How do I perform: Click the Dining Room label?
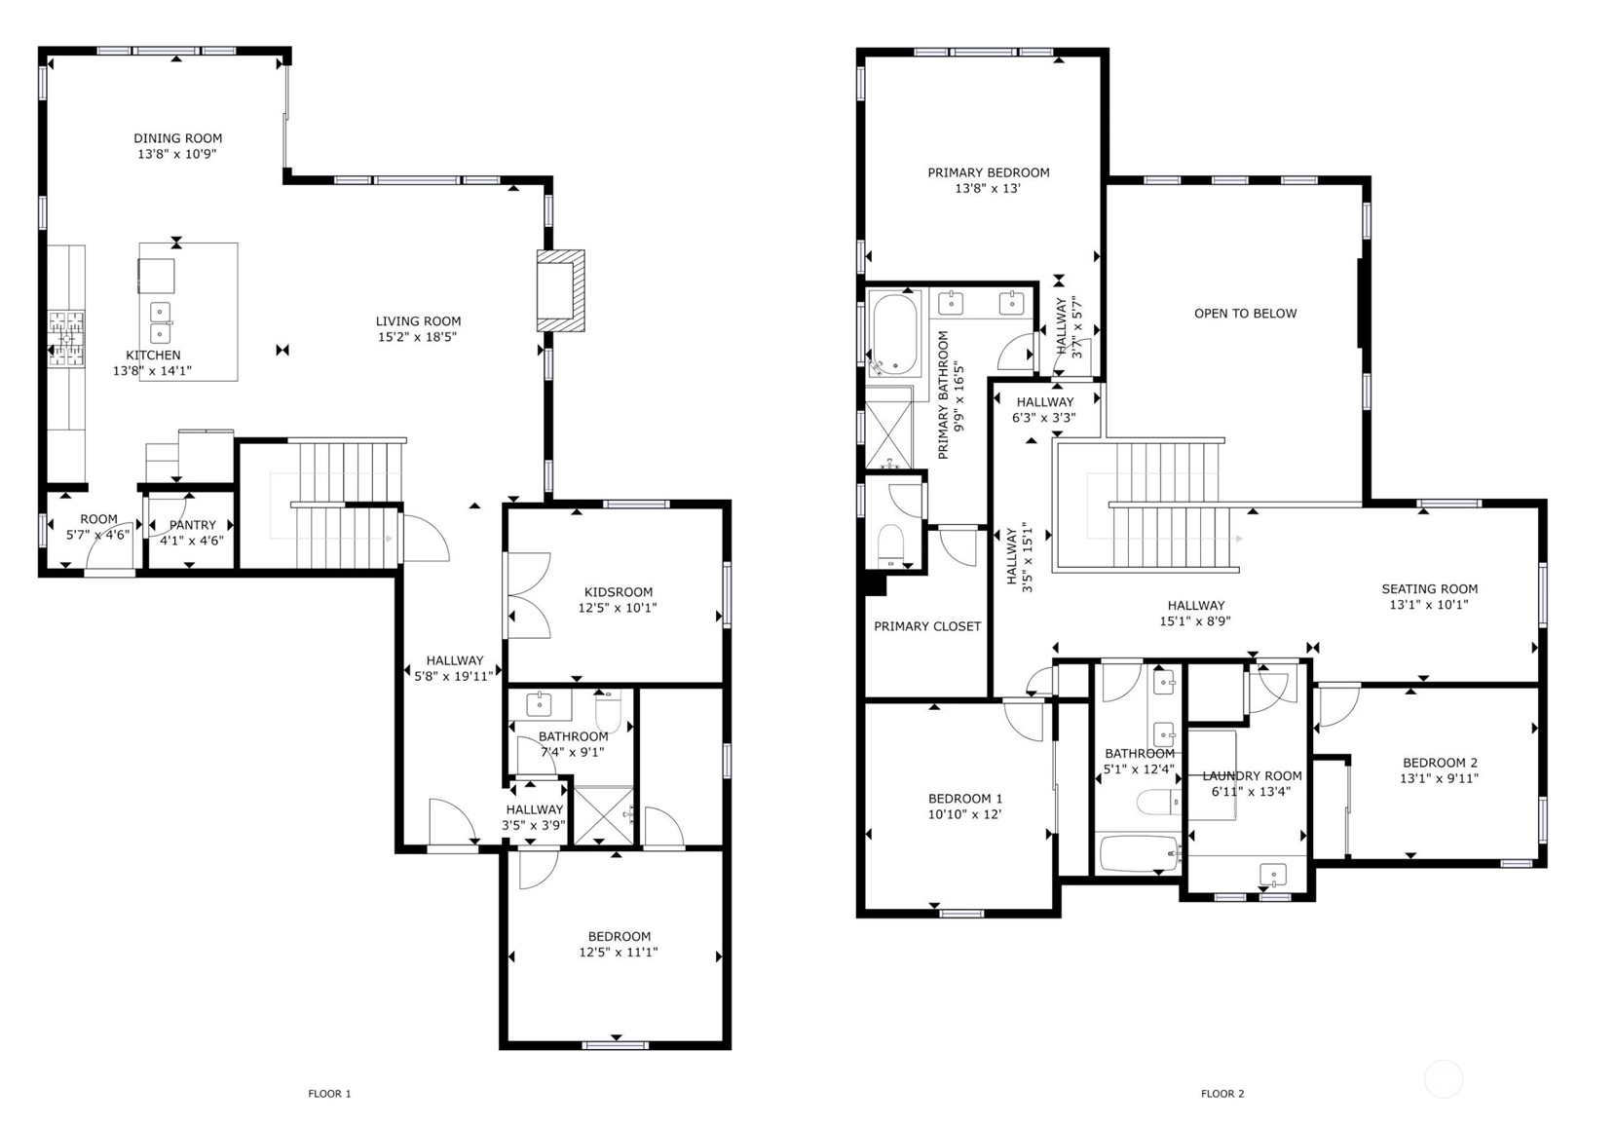click(177, 138)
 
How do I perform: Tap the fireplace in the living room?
click(560, 291)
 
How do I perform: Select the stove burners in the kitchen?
click(65, 338)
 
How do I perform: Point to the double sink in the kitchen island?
click(160, 322)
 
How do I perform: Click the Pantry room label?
click(193, 525)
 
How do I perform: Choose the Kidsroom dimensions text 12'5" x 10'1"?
click(618, 608)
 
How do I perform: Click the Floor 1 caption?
click(329, 1093)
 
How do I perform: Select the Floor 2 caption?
click(1222, 1093)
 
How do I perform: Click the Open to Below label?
click(1245, 314)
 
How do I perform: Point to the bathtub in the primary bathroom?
click(895, 334)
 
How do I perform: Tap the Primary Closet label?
click(927, 626)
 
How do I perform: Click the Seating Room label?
click(1429, 589)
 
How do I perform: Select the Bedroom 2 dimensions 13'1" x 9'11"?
click(1440, 778)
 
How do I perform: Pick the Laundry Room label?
click(1253, 775)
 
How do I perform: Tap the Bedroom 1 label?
click(964, 798)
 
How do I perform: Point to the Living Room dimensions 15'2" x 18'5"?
click(417, 336)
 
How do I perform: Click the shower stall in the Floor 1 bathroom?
click(604, 814)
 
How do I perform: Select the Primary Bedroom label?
click(989, 172)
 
